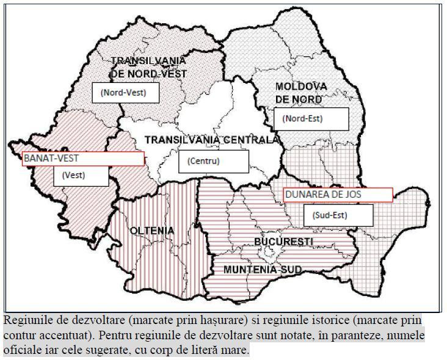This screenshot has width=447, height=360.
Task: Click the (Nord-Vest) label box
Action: (126, 93)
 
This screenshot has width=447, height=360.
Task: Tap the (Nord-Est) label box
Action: (311, 118)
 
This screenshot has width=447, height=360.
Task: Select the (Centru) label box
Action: (214, 162)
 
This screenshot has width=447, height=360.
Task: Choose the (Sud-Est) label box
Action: (338, 215)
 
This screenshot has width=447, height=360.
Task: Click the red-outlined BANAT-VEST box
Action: (83, 159)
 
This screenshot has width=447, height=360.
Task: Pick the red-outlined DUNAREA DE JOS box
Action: (337, 195)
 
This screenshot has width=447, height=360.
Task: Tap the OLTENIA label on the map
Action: (152, 231)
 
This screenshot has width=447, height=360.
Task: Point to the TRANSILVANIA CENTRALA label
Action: (211, 140)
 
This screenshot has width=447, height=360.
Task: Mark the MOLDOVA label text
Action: (301, 87)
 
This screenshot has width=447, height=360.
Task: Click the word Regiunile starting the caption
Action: (26, 320)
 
